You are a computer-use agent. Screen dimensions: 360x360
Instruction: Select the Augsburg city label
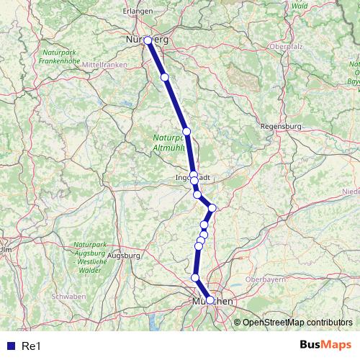tap(124, 255)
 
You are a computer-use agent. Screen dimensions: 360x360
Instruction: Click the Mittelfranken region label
tap(104, 65)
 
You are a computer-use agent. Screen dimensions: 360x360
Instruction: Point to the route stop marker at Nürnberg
tap(148, 41)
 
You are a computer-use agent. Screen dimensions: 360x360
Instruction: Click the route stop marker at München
tap(210, 300)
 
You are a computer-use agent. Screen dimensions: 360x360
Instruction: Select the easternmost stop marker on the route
tap(212, 208)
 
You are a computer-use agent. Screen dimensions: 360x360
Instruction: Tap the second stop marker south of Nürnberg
tap(186, 131)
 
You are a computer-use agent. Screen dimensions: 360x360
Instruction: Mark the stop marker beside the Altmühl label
tap(186, 131)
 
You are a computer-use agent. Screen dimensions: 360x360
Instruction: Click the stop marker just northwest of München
tap(195, 277)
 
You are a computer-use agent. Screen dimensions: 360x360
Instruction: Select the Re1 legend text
tap(32, 346)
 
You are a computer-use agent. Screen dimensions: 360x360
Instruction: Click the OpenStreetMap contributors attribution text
tap(297, 322)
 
